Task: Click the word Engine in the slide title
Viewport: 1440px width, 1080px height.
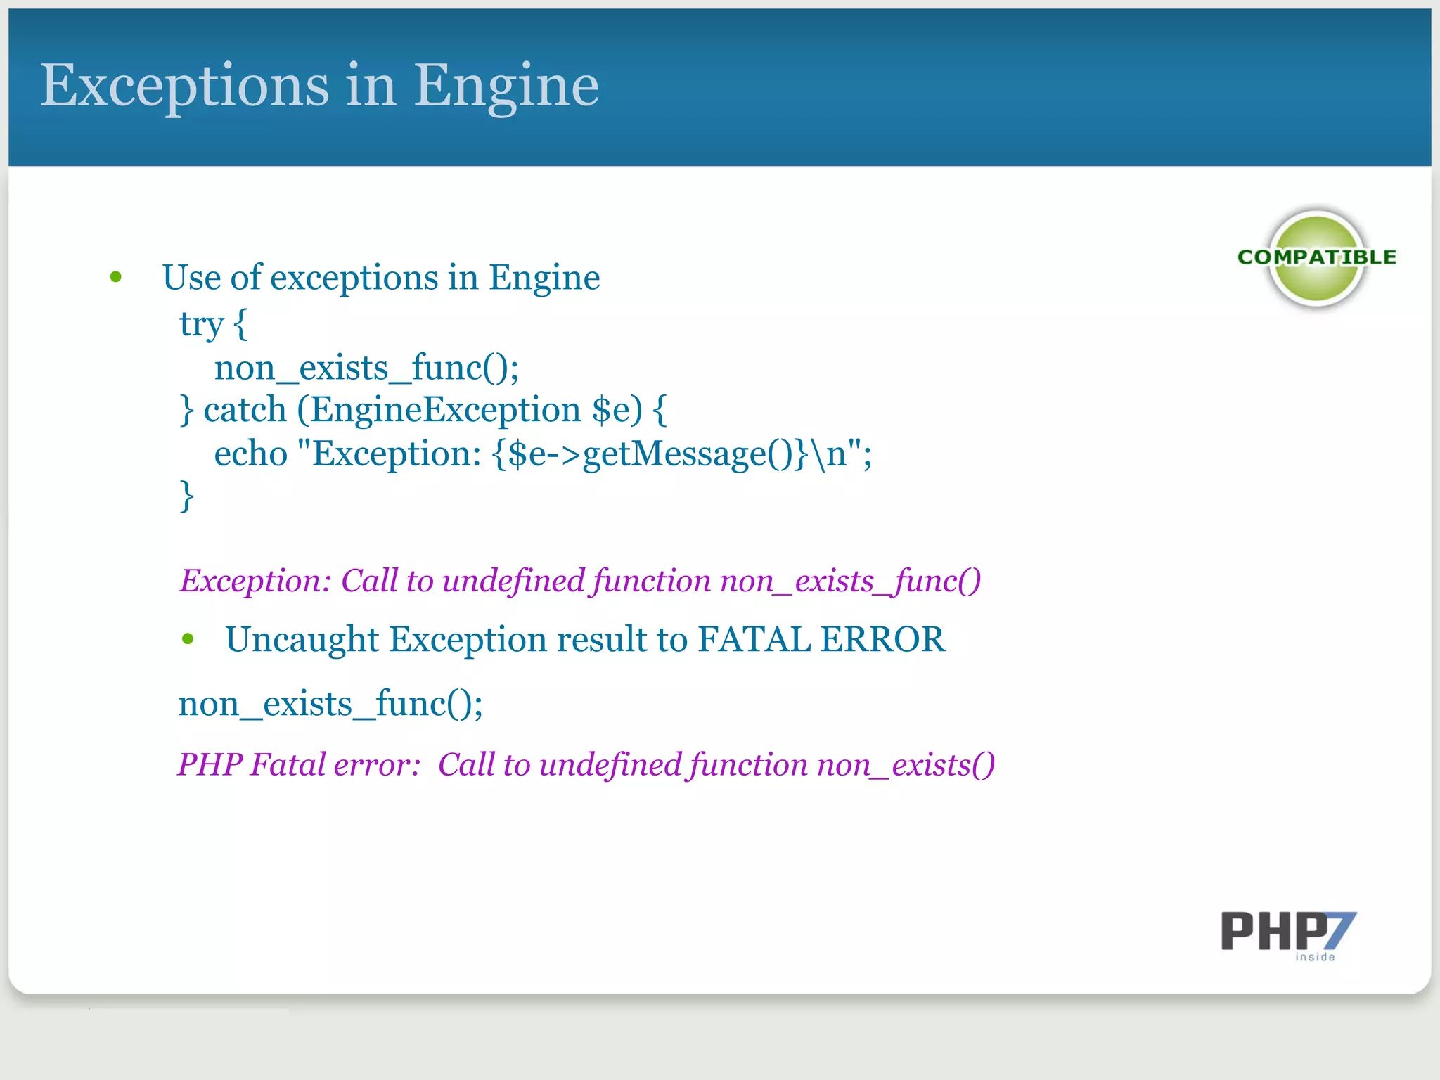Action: pos(506,86)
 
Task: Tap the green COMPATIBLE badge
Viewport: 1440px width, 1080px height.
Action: pos(1316,257)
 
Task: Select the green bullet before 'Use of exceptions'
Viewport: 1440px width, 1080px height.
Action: pos(116,278)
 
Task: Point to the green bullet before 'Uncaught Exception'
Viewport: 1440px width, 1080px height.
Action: pos(188,639)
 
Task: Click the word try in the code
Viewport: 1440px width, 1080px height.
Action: pos(201,325)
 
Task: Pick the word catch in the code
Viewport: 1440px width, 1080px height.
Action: pos(245,410)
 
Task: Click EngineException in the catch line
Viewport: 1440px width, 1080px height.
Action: pos(446,410)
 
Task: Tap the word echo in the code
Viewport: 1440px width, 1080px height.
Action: pos(250,454)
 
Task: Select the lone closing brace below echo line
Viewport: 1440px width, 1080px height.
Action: pos(186,496)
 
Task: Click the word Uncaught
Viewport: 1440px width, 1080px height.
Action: pos(302,639)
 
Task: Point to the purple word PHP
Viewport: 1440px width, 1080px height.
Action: pos(210,764)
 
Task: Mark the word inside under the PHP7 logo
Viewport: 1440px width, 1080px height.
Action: pos(1315,957)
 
